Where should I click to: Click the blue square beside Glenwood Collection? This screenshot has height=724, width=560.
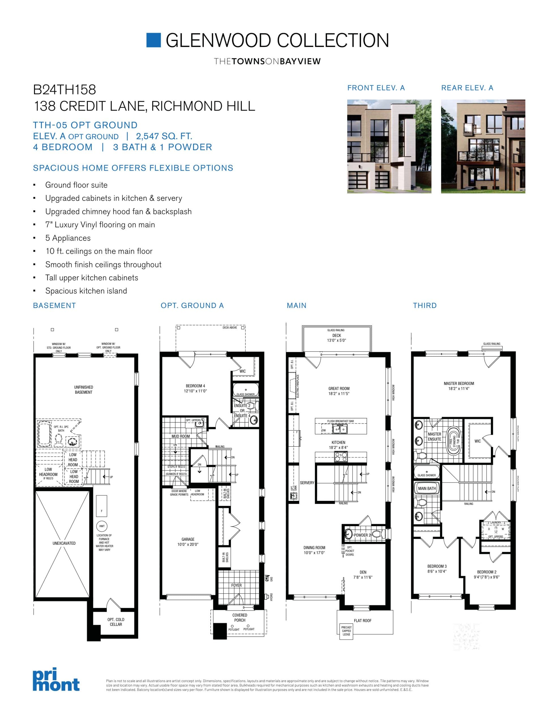click(154, 40)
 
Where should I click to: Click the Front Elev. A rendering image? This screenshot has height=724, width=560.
click(389, 146)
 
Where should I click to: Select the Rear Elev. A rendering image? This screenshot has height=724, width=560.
click(483, 146)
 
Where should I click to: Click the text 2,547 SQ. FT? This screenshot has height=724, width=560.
click(164, 136)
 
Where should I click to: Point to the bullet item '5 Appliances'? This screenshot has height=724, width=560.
click(68, 238)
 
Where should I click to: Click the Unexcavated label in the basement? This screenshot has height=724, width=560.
click(64, 543)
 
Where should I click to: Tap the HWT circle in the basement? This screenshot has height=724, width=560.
click(102, 526)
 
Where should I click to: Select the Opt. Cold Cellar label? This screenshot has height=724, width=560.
click(116, 622)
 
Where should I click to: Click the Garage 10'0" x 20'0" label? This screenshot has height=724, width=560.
click(188, 542)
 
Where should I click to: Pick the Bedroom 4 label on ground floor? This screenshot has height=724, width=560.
click(196, 388)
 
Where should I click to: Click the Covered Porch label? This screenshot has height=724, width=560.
click(239, 618)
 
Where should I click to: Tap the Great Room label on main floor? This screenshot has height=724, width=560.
click(339, 391)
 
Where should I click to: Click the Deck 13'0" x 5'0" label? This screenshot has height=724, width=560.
click(336, 338)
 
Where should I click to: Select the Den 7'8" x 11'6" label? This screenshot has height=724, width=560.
click(363, 574)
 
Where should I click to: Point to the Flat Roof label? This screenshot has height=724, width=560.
click(362, 620)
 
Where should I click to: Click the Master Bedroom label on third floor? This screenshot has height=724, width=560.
click(459, 386)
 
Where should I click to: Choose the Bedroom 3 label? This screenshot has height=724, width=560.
click(437, 568)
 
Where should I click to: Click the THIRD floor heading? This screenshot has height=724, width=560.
click(425, 306)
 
